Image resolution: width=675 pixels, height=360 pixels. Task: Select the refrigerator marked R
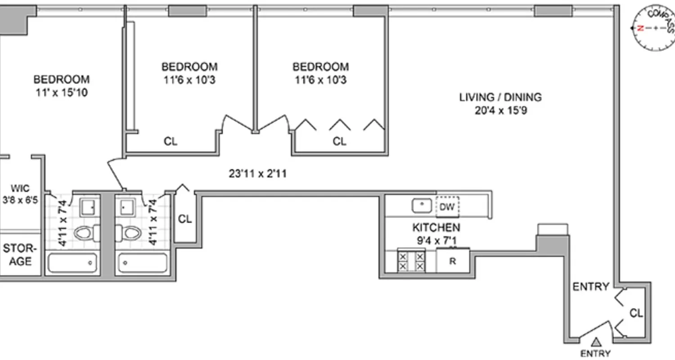453,261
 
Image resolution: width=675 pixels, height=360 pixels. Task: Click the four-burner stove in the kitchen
411,261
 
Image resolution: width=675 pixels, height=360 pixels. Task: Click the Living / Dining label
500,97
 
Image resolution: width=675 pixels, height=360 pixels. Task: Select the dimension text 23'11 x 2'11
257,173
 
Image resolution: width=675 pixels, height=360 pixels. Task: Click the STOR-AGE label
18,255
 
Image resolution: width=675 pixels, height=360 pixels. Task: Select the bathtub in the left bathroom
72,263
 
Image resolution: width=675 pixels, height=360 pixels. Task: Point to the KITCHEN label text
436,227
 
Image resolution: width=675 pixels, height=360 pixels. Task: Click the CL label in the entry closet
636,313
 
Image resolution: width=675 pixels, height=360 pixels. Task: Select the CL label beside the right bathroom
185,219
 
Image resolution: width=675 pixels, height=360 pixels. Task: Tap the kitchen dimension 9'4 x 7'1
436,240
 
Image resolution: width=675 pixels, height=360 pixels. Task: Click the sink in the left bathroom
87,207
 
